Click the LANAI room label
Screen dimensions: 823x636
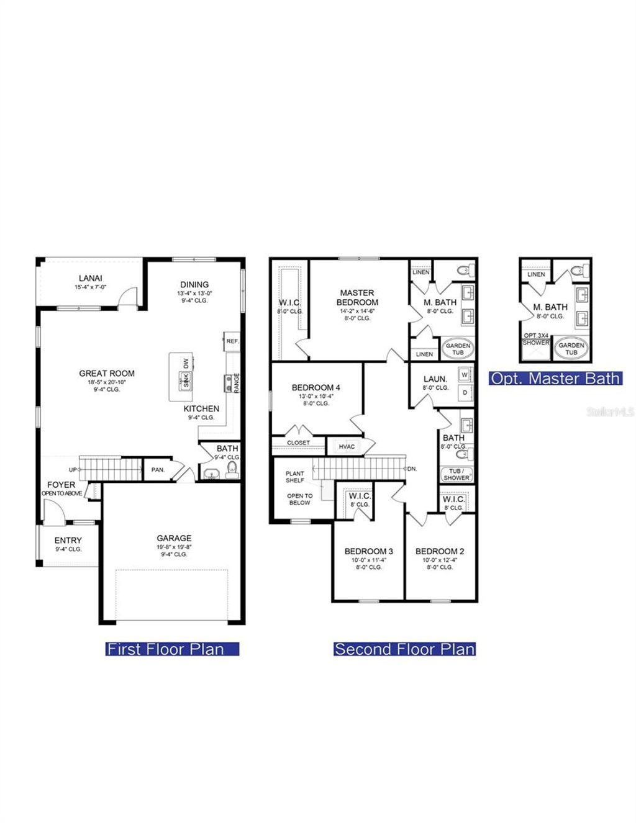click(x=90, y=278)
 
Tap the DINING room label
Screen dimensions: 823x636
click(x=194, y=284)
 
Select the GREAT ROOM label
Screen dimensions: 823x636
click(x=107, y=373)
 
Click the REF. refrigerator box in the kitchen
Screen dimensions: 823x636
click(x=232, y=341)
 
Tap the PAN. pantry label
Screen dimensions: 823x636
click(x=158, y=470)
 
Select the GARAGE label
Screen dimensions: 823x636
click(x=174, y=538)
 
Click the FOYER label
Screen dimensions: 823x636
click(x=61, y=485)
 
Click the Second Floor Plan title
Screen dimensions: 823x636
click(x=404, y=649)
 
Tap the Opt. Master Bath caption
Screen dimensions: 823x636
click(x=555, y=378)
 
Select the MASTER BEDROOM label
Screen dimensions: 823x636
click(x=357, y=297)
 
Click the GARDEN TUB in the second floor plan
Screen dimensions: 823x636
click(x=458, y=349)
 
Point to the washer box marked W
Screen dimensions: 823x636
click(x=465, y=375)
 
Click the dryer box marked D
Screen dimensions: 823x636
click(x=465, y=393)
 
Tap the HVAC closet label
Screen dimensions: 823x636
click(x=347, y=446)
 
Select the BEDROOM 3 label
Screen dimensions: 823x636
click(x=369, y=551)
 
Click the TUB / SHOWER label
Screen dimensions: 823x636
click(x=457, y=474)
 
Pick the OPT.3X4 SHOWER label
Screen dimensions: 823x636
click(x=535, y=339)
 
